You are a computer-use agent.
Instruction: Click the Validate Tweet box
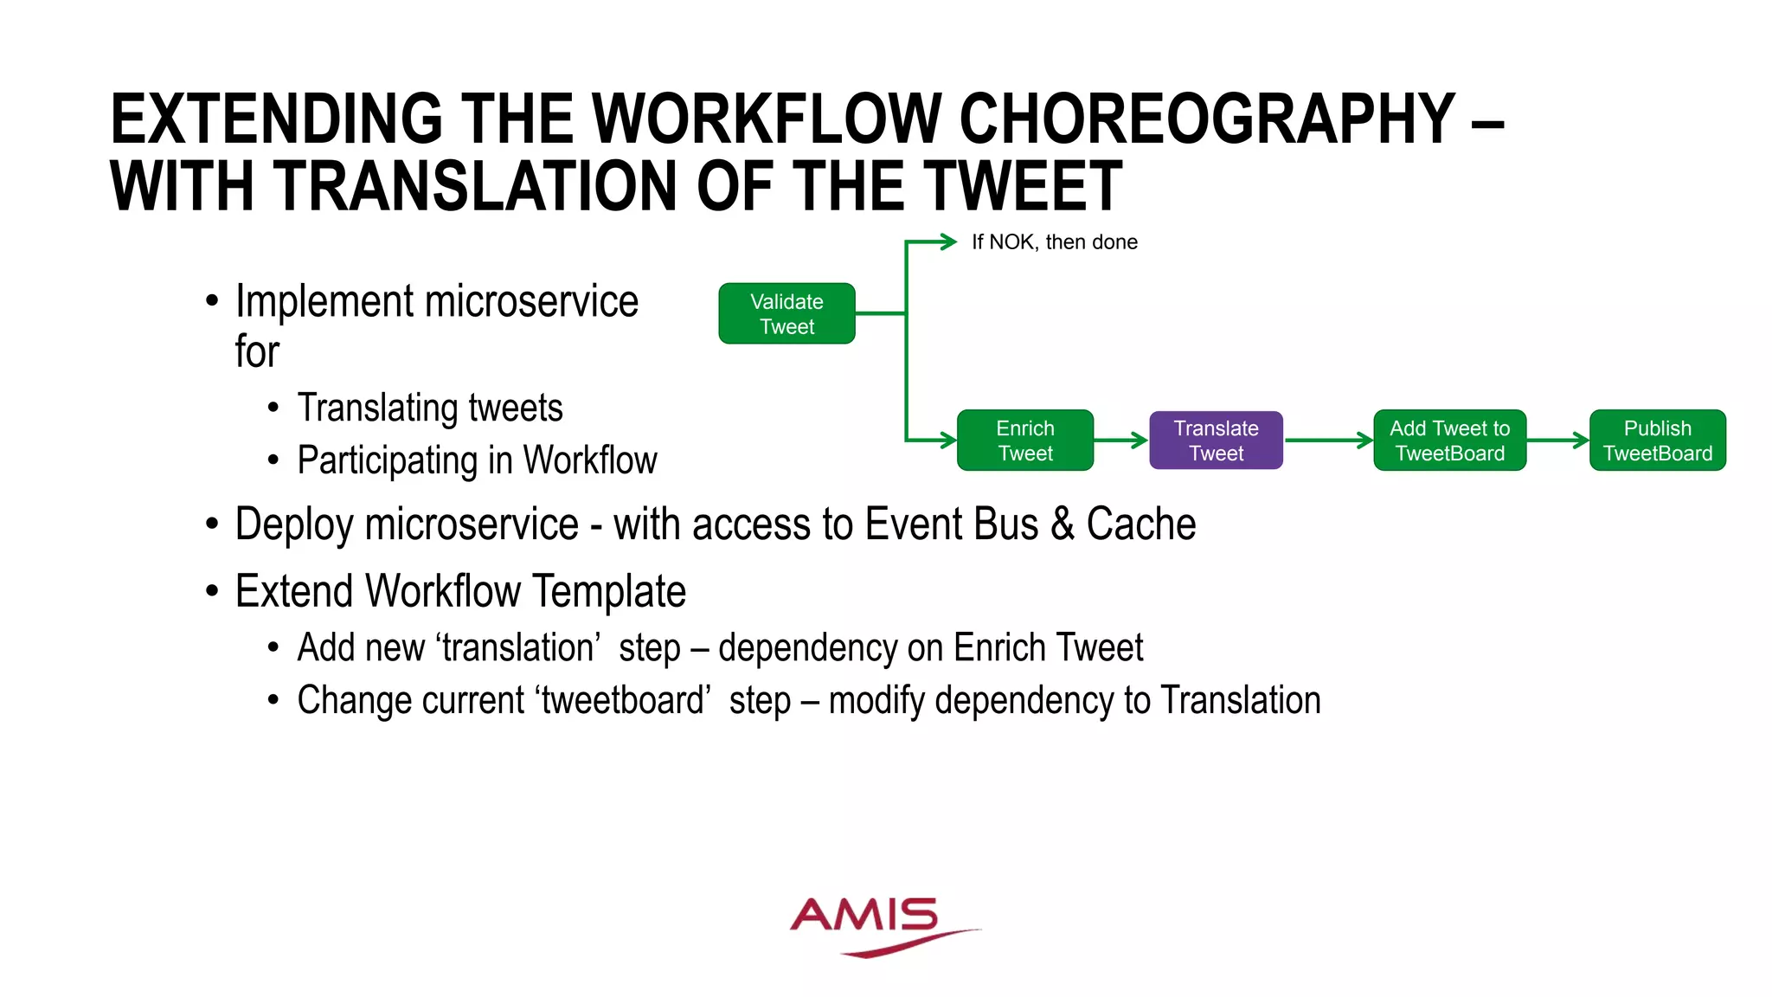click(786, 314)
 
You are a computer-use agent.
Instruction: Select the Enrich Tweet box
click(1025, 441)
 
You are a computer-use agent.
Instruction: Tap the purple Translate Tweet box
click(1216, 441)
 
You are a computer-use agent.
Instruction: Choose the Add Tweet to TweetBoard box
click(1449, 441)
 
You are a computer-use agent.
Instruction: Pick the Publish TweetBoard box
click(1657, 441)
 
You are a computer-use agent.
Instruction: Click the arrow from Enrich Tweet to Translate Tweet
click(1121, 441)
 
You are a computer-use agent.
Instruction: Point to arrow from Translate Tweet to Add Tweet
click(1328, 441)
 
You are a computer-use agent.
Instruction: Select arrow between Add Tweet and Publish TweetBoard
click(1557, 441)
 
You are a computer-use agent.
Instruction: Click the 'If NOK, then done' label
click(1054, 242)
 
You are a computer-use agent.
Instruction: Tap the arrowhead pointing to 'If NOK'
click(948, 241)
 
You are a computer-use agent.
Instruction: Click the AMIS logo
click(874, 924)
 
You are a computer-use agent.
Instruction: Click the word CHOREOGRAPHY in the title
click(1207, 119)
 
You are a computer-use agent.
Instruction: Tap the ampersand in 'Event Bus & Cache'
click(1063, 524)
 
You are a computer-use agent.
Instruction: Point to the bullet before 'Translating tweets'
click(273, 408)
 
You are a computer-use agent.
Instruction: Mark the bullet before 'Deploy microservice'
click(212, 524)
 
